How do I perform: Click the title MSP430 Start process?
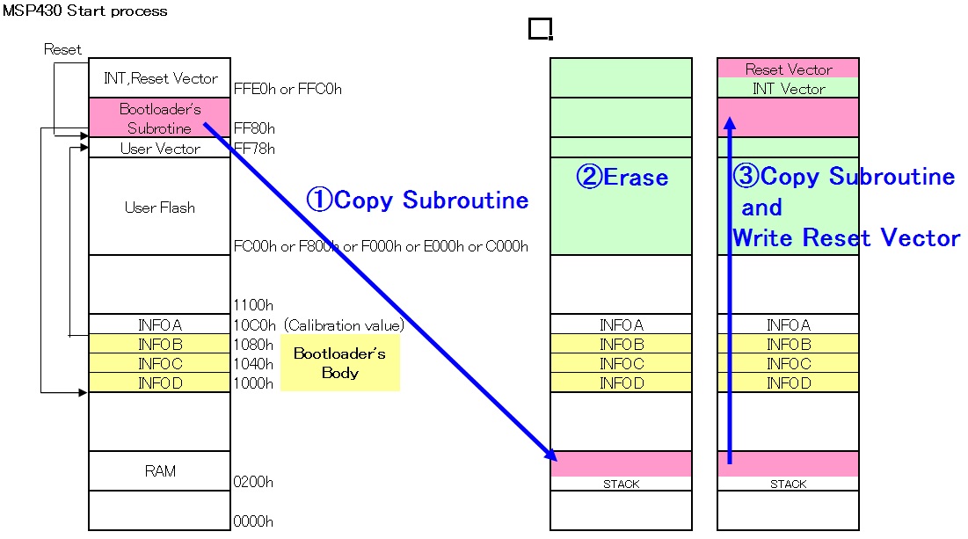85,11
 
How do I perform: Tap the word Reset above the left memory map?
62,49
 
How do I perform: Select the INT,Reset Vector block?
159,78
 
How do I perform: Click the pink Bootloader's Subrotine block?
159,118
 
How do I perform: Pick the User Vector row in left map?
159,149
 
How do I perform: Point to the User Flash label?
159,208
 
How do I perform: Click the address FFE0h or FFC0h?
287,89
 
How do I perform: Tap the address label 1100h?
254,305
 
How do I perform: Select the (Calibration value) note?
343,324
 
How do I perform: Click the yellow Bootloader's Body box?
339,362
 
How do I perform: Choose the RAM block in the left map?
159,470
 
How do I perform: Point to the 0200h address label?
254,482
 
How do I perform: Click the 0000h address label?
254,521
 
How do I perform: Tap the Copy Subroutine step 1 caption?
418,200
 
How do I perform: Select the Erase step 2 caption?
622,177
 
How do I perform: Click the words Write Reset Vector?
846,237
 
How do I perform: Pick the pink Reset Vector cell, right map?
788,69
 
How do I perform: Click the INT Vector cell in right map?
788,88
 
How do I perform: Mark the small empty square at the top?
540,29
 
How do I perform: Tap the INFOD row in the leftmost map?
159,383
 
